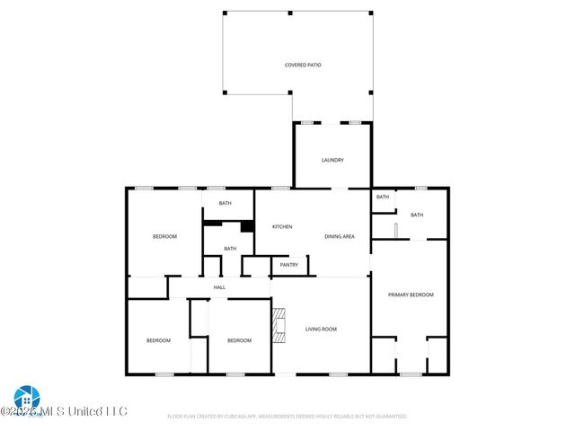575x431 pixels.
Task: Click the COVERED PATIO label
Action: click(303, 66)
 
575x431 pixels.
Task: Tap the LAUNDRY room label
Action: click(332, 160)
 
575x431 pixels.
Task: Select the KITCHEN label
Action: click(282, 226)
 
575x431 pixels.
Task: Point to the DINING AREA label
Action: click(340, 236)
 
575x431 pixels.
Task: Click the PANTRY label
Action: click(288, 265)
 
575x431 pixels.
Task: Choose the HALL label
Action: click(219, 287)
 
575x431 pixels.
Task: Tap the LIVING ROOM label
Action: click(321, 330)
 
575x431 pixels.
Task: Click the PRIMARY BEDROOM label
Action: click(410, 295)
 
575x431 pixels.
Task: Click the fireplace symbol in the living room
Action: click(279, 325)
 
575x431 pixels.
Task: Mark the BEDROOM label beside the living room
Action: click(239, 340)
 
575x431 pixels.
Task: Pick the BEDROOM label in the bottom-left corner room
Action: click(158, 340)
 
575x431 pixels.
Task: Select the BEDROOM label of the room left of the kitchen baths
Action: click(164, 236)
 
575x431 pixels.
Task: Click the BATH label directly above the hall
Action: click(230, 249)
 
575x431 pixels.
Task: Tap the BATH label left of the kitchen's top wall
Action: click(225, 204)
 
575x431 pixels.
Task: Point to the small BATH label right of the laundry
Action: click(383, 197)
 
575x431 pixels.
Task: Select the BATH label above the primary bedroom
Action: click(417, 215)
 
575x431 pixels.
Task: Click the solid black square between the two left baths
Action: click(246, 226)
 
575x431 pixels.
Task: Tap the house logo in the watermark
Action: click(25, 397)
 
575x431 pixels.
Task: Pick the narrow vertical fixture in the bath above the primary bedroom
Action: click(395, 230)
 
